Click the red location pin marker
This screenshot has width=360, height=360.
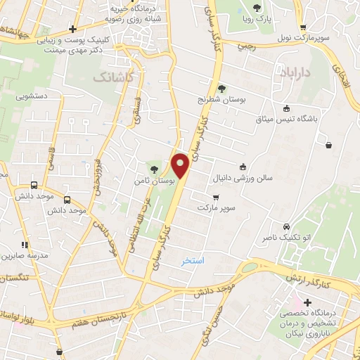181,165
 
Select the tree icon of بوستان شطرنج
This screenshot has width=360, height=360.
221,89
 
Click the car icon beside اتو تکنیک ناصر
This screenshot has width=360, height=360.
286,226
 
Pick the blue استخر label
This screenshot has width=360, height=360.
192,260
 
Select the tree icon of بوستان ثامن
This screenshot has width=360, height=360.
154,168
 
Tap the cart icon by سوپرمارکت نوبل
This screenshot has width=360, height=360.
303,27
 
